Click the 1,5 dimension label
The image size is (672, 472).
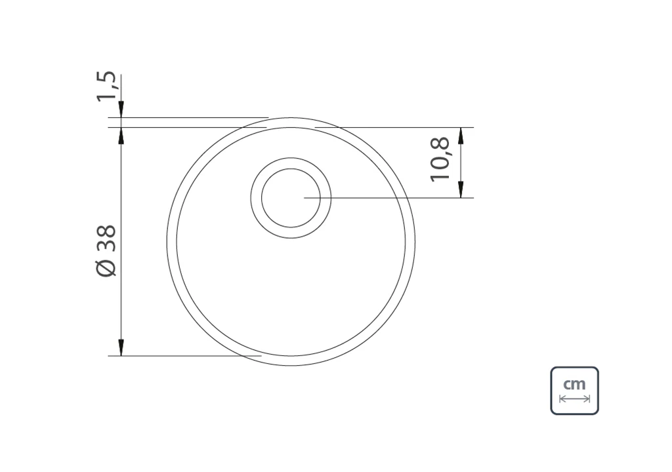coord(106,86)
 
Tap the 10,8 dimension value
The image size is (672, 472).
coord(440,159)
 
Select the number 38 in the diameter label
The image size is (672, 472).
coord(106,238)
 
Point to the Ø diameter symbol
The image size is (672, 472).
coord(106,269)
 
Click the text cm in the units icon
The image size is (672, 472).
coord(574,383)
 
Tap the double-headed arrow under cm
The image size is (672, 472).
coord(574,399)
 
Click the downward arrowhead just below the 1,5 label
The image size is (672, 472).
coord(121,109)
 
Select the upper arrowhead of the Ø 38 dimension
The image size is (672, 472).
coord(121,135)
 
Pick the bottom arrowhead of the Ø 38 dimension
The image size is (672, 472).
coord(121,347)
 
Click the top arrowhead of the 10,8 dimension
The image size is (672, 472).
coord(461,135)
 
